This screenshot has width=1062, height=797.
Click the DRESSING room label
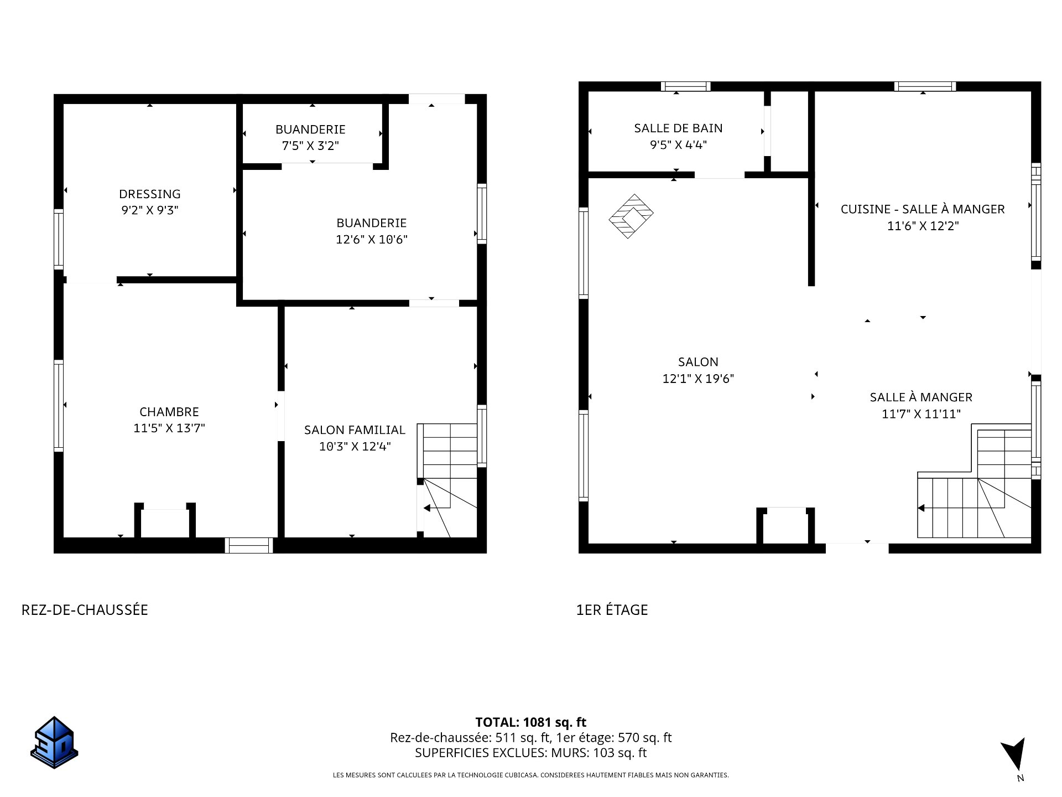click(x=150, y=194)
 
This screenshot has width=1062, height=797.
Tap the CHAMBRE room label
click(x=169, y=412)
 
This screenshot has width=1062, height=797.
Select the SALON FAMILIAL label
click(x=355, y=429)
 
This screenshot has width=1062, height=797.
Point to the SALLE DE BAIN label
click(x=678, y=128)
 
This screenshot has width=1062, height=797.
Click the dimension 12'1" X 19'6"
click(x=698, y=379)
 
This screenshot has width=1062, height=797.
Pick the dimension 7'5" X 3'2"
click(x=310, y=146)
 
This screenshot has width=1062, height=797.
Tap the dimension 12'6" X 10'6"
click(x=372, y=239)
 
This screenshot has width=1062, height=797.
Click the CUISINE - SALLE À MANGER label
click(x=923, y=209)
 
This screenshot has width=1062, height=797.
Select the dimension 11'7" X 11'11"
click(x=921, y=414)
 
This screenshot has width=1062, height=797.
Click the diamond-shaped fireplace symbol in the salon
click(x=631, y=216)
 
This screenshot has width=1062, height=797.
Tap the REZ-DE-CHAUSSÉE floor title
click(x=85, y=609)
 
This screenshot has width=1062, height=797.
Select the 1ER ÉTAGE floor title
click(x=612, y=610)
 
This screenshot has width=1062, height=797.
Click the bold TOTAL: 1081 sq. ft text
click(x=531, y=722)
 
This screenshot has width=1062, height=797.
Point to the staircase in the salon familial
click(x=447, y=480)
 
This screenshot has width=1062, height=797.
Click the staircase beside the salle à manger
click(x=975, y=480)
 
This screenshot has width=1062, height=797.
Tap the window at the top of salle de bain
click(x=686, y=86)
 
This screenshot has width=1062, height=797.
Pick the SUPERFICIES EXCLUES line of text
click(x=531, y=753)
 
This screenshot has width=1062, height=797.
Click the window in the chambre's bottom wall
click(x=249, y=545)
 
